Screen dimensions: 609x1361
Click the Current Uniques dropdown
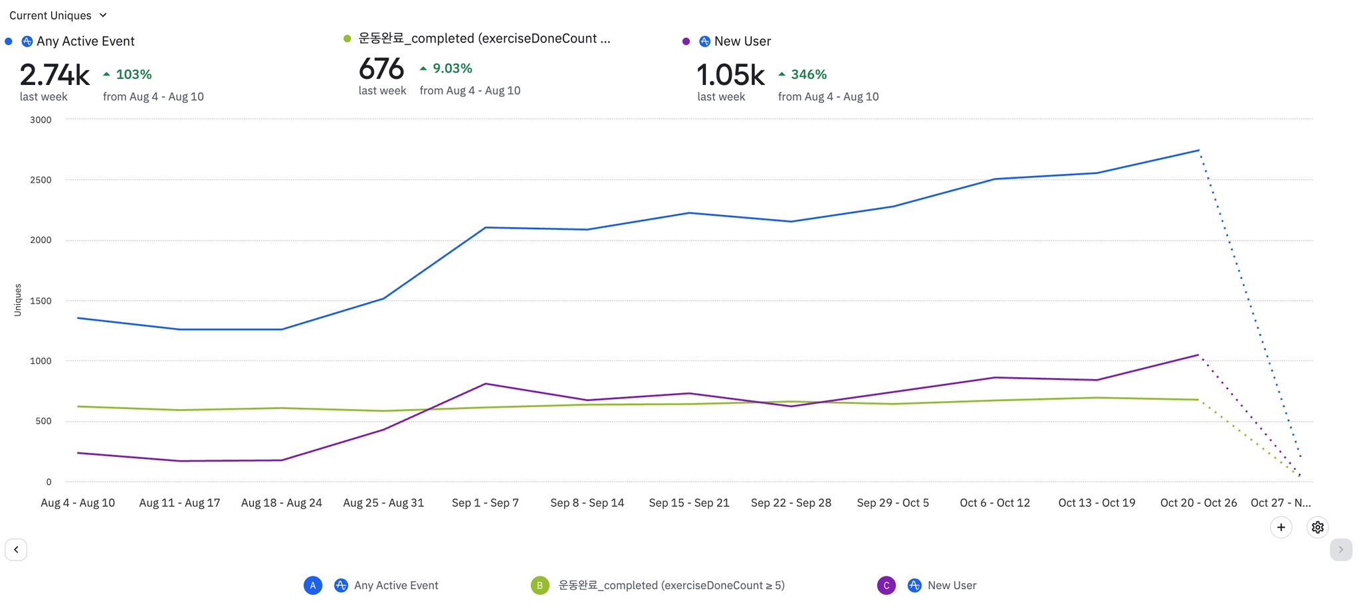click(x=58, y=15)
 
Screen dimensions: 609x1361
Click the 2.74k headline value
click(x=54, y=75)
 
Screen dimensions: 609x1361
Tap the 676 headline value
click(x=381, y=69)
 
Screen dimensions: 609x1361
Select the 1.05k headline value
click(x=730, y=75)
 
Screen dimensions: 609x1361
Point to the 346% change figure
click(x=808, y=74)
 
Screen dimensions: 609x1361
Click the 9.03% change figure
click(x=452, y=68)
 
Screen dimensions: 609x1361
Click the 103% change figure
click(x=134, y=74)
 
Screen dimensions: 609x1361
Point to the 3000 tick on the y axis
click(x=41, y=120)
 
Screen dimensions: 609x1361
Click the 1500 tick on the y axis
click(x=41, y=301)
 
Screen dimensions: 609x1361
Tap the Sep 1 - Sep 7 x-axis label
click(x=485, y=503)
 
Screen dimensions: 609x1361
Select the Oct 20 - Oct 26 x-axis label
click(x=1198, y=503)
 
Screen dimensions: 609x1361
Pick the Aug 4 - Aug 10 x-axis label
click(x=78, y=503)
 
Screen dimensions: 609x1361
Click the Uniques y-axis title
click(x=18, y=300)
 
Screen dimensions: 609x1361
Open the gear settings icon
click(x=1317, y=527)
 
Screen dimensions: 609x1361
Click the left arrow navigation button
click(x=16, y=550)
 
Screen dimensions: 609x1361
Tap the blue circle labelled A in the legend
click(x=313, y=585)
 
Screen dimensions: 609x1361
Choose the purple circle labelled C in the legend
click(x=886, y=585)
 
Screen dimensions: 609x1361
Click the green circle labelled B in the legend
click(x=540, y=585)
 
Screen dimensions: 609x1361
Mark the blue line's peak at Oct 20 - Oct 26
click(x=1198, y=150)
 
